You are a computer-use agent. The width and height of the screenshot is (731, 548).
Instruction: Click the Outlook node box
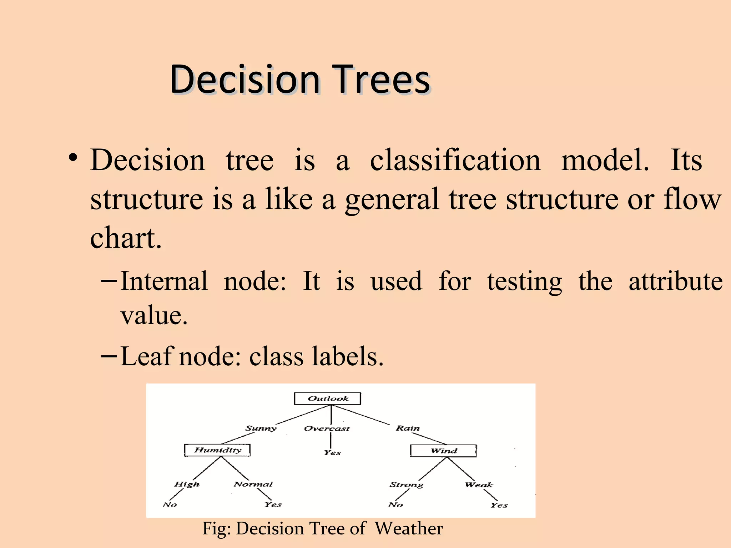(327, 399)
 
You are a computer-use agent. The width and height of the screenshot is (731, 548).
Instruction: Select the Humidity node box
(217, 450)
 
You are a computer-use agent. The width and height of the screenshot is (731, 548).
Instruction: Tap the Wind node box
(443, 451)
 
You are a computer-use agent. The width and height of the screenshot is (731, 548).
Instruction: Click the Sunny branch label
(261, 428)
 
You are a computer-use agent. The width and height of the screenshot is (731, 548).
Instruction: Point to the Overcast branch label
(327, 428)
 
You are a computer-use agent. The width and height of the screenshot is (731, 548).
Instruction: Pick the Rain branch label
(408, 428)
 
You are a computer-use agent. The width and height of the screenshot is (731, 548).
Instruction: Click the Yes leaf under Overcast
(332, 453)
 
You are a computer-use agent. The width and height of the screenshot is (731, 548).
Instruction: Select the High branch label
(187, 484)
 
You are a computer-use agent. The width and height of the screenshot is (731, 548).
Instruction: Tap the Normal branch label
(253, 484)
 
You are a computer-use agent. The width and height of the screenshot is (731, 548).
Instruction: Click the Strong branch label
(406, 484)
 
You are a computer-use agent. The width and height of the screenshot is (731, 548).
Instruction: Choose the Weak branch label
(479, 485)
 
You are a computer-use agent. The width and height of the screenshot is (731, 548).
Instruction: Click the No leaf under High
(170, 504)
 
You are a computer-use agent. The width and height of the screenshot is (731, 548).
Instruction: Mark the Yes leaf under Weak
(499, 505)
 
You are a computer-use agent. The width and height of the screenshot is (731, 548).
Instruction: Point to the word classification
(455, 160)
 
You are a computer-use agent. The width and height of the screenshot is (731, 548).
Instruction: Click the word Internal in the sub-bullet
(164, 281)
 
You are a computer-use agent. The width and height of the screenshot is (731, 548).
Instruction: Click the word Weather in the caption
(409, 528)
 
